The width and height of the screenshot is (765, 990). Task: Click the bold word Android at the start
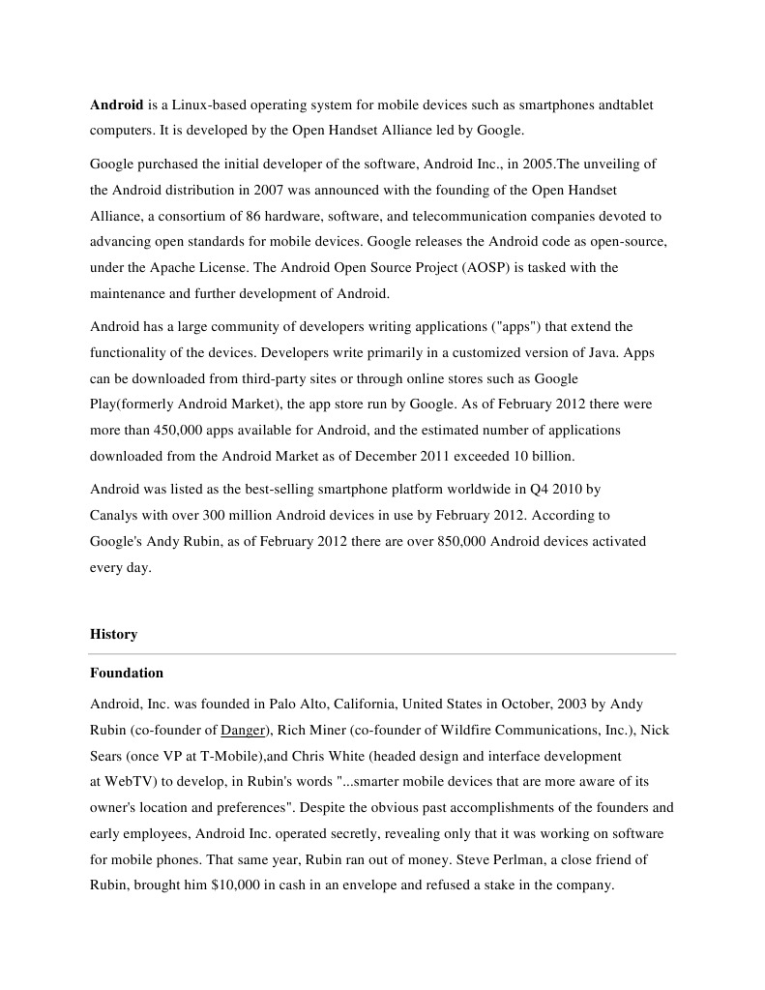point(116,104)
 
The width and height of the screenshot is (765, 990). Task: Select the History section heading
point(113,634)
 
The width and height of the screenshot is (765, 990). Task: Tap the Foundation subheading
point(127,673)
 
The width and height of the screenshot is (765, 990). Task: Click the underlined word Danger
point(242,730)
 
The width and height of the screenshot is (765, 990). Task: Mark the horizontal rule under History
point(382,654)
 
